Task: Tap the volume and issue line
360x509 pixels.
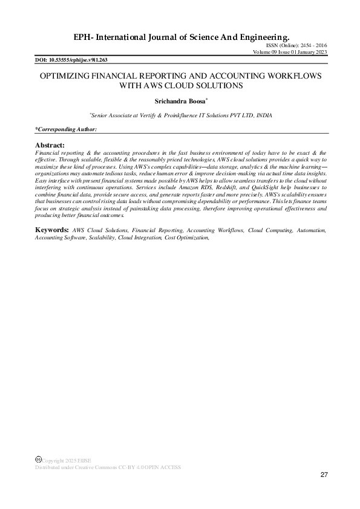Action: (291, 53)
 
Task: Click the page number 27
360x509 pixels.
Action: (324, 475)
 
